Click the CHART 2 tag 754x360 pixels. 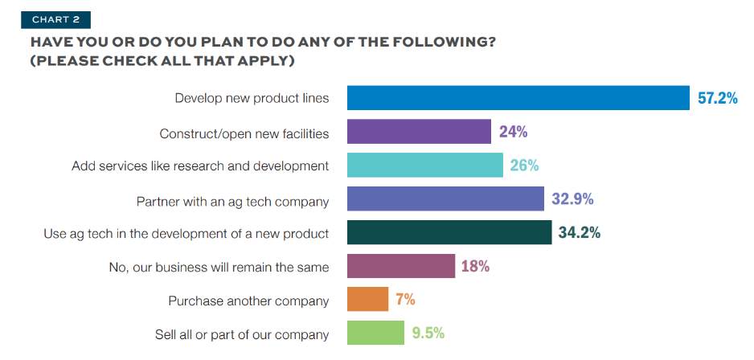tap(55, 19)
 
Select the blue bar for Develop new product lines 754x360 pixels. tap(518, 98)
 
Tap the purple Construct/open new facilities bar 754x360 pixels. tap(419, 132)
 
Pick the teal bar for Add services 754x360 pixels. tap(425, 166)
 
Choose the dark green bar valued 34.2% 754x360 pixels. tap(449, 232)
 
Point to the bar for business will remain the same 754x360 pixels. tap(401, 266)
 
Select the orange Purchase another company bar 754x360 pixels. tap(367, 300)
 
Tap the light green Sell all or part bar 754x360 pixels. tap(375, 333)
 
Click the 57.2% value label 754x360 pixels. tap(718, 99)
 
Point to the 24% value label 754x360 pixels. tap(513, 132)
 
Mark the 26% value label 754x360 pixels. tap(524, 166)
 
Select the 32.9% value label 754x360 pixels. tap(572, 198)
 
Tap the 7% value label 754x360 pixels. tap(405, 300)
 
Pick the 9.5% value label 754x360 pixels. tap(428, 333)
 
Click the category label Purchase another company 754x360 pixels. tap(248, 301)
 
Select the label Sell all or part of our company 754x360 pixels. tap(242, 333)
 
